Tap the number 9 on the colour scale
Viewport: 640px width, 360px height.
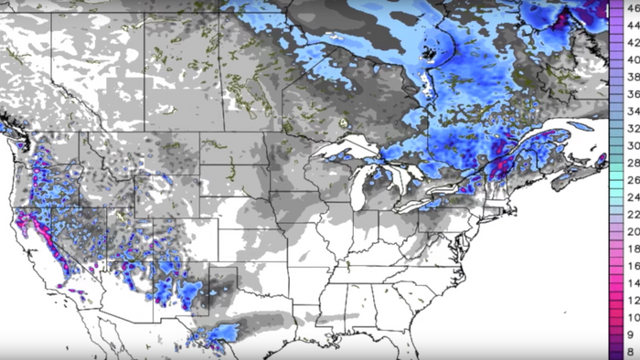(631, 334)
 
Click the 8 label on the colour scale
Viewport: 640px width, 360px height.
(631, 351)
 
